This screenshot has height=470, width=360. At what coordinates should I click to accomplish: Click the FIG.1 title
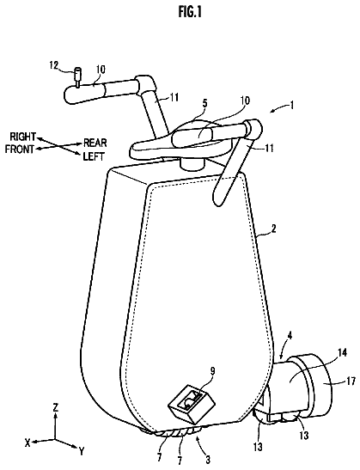click(x=190, y=12)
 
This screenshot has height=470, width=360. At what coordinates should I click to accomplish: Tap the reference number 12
click(x=55, y=65)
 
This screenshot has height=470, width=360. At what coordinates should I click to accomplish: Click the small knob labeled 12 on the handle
click(x=78, y=76)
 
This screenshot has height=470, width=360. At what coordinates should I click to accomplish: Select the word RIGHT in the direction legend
click(x=23, y=137)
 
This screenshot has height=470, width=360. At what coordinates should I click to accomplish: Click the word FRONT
click(x=20, y=149)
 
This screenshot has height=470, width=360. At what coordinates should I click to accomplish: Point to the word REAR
click(x=95, y=143)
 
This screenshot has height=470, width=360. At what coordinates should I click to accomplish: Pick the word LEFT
click(x=94, y=156)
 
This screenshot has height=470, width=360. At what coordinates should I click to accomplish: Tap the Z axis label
click(x=56, y=407)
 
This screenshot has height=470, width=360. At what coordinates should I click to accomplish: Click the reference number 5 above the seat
click(x=204, y=103)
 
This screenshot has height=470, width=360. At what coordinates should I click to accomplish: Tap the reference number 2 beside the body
click(x=273, y=229)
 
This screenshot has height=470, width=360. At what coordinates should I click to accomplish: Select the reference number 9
click(x=212, y=372)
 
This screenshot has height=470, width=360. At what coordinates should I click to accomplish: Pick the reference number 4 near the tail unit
click(x=290, y=336)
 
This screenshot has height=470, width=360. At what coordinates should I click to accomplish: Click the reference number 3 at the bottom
click(x=208, y=459)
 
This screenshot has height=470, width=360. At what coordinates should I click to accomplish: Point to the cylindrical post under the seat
click(x=192, y=165)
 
